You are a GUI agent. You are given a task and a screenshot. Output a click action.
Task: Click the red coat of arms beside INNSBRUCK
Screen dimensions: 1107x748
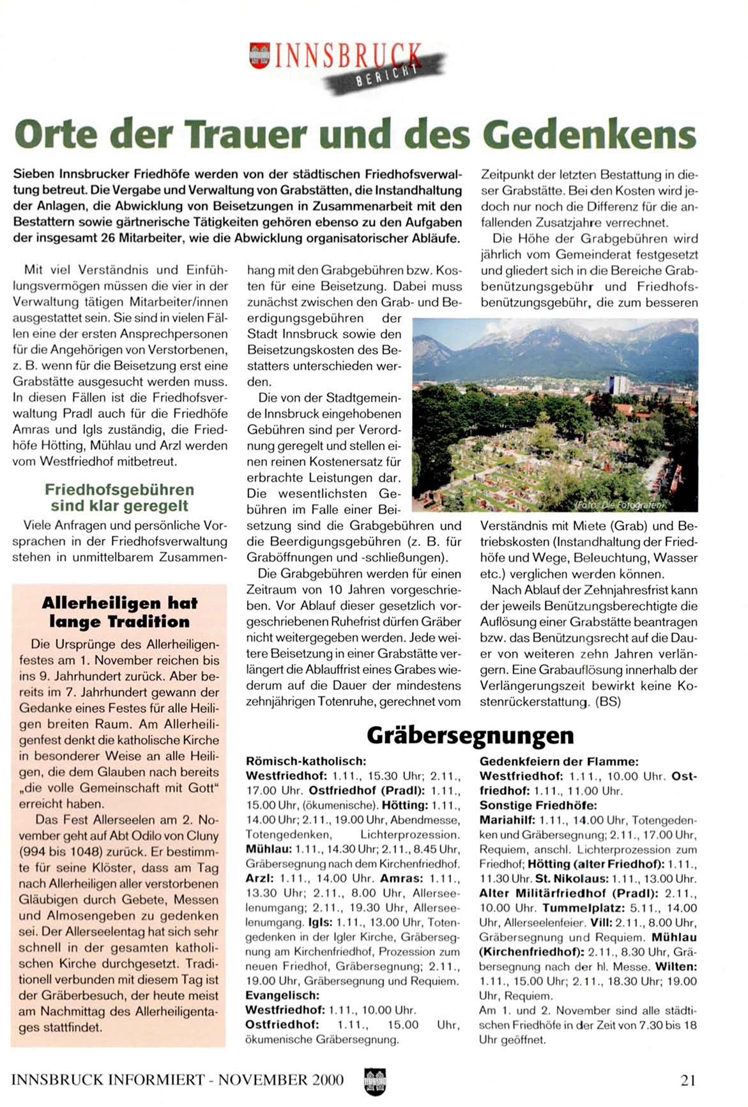(259, 56)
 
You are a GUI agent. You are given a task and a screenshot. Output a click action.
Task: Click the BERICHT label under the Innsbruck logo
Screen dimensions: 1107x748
(386, 76)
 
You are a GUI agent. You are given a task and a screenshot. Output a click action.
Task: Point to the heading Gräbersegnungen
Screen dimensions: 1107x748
(470, 735)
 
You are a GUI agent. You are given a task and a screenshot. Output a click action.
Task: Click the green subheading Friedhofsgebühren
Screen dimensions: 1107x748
(119, 490)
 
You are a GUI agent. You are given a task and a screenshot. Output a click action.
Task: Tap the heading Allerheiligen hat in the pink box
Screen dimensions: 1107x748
(119, 603)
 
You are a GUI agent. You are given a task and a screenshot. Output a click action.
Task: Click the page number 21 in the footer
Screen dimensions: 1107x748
(687, 1080)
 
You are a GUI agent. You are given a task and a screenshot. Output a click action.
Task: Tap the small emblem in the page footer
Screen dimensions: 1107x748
(374, 1081)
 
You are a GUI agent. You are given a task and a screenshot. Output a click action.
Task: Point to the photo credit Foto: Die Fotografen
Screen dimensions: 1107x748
(620, 504)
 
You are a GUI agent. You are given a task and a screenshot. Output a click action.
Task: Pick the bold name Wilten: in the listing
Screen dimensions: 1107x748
(676, 967)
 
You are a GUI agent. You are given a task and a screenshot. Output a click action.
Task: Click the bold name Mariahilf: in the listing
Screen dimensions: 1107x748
(508, 820)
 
